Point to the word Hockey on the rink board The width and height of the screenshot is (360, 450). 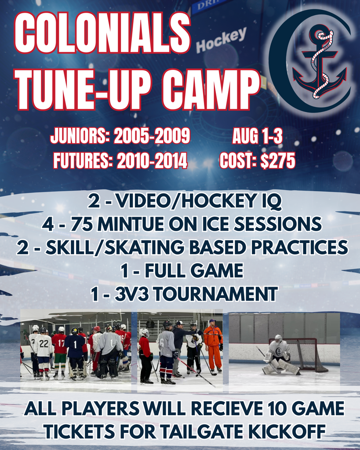pyautogui.click(x=221, y=40)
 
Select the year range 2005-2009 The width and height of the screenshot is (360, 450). pyautogui.click(x=152, y=136)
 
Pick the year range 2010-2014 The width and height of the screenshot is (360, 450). pyautogui.click(x=152, y=160)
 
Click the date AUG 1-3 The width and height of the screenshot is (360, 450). pyautogui.click(x=257, y=136)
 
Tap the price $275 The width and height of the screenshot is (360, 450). pyautogui.click(x=278, y=160)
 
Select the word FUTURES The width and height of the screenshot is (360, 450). pyautogui.click(x=83, y=160)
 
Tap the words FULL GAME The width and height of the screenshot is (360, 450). pyautogui.click(x=194, y=271)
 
